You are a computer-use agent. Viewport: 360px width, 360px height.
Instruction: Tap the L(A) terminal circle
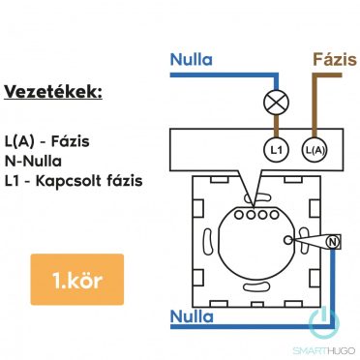[312, 149]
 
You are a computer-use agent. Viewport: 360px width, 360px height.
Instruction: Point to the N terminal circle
[332, 240]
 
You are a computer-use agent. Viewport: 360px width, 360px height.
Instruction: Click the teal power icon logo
[320, 320]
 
